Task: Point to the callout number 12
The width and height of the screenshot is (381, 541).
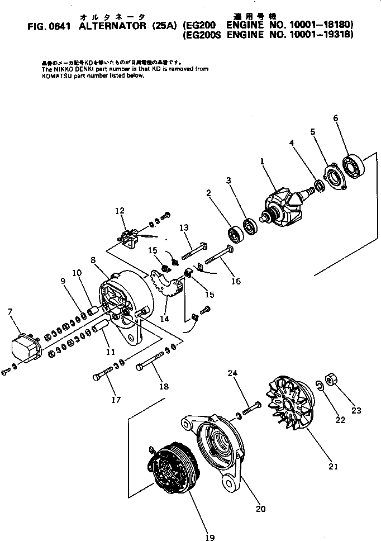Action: point(119,211)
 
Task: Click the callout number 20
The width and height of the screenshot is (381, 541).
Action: point(260,509)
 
